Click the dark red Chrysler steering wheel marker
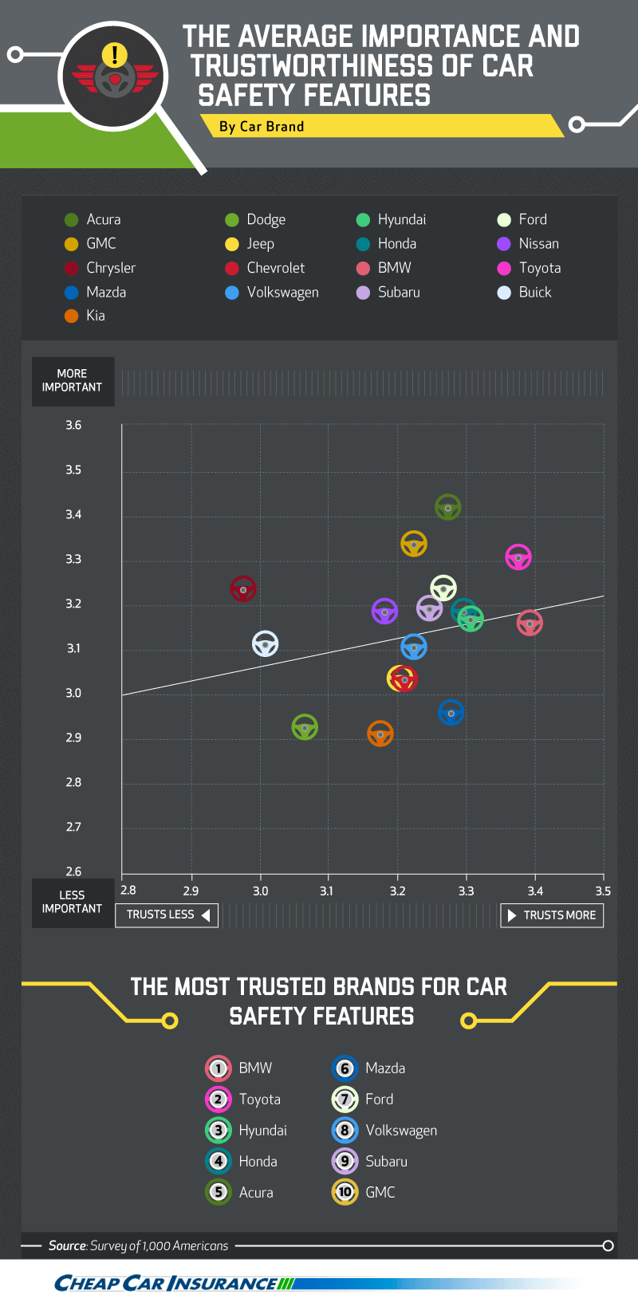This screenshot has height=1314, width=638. pyautogui.click(x=243, y=589)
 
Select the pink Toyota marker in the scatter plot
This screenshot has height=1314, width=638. pyautogui.click(x=518, y=557)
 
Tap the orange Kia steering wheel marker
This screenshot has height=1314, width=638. pyautogui.click(x=380, y=734)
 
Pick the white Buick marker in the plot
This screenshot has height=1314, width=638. pyautogui.click(x=266, y=643)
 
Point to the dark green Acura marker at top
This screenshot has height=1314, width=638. pyautogui.click(x=448, y=507)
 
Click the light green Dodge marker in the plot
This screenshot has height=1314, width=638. pyautogui.click(x=305, y=727)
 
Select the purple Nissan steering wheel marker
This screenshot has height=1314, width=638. pyautogui.click(x=384, y=612)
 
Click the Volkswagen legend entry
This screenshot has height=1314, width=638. pyautogui.click(x=272, y=292)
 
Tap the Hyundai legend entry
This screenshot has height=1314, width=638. pyautogui.click(x=391, y=219)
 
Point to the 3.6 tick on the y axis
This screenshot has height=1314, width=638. pyautogui.click(x=73, y=425)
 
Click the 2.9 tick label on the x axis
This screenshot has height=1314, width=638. pyautogui.click(x=191, y=891)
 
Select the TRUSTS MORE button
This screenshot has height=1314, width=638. pyautogui.click(x=552, y=915)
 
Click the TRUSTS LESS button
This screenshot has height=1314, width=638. pyautogui.click(x=167, y=915)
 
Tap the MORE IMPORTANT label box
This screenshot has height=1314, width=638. pyautogui.click(x=73, y=381)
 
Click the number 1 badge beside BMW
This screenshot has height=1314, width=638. pyautogui.click(x=218, y=1068)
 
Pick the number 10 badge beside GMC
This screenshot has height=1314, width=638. pyautogui.click(x=345, y=1192)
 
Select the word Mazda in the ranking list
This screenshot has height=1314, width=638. pyautogui.click(x=385, y=1068)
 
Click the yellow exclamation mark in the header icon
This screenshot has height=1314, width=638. pyautogui.click(x=115, y=54)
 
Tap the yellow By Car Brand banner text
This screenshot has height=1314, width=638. pyautogui.click(x=262, y=127)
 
